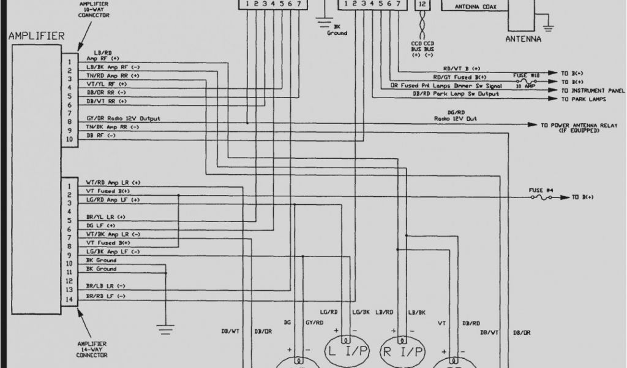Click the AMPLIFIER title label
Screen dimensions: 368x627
click(36, 36)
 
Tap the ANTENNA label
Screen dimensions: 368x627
click(523, 39)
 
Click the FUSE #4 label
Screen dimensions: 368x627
click(541, 191)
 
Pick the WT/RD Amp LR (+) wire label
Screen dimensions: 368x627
click(113, 182)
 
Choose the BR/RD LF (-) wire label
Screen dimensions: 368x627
click(106, 296)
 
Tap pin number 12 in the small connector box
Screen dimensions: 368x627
click(421, 4)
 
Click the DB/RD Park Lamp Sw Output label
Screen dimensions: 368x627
click(456, 94)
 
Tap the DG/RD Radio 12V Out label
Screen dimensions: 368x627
click(456, 115)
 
